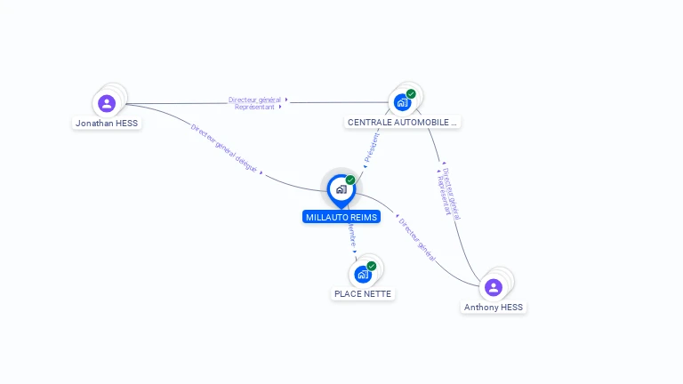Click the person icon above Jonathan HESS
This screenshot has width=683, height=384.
click(107, 103)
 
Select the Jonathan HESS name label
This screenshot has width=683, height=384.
click(107, 124)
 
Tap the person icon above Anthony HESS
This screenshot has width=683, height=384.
click(494, 287)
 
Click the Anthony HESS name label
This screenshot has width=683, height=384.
click(494, 308)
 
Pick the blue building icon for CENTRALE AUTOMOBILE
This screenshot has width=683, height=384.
click(402, 102)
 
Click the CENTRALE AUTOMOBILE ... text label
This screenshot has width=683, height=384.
click(403, 123)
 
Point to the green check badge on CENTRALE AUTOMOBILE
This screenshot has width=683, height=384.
click(411, 93)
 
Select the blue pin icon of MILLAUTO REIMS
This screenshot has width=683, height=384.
click(341, 189)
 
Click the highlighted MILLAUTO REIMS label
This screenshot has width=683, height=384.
click(341, 217)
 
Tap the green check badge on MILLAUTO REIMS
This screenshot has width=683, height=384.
click(350, 180)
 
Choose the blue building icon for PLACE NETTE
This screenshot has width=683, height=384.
click(363, 275)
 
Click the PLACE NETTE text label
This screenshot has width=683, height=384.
click(363, 294)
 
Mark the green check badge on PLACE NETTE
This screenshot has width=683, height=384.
click(372, 266)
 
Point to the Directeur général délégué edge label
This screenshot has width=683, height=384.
click(224, 148)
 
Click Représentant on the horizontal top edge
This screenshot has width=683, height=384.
click(254, 107)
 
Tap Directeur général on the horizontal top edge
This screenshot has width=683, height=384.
click(254, 100)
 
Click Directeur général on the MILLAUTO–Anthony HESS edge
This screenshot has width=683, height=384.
click(418, 239)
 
